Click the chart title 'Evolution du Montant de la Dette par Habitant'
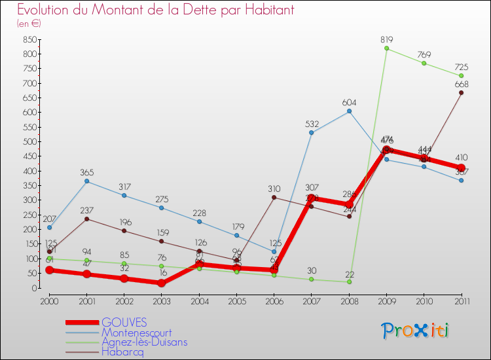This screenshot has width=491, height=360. click(155, 10)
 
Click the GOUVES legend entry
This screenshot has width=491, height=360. click(124, 323)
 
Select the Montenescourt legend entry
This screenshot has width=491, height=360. click(136, 333)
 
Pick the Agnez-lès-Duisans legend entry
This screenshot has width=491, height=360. click(144, 342)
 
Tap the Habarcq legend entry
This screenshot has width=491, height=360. click(122, 351)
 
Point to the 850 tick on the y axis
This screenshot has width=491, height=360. click(28, 40)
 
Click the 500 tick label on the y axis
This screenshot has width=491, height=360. click(28, 142)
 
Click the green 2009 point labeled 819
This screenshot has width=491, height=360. click(386, 48)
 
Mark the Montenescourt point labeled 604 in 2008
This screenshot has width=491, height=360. click(349, 111)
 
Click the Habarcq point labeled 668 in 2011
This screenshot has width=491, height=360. click(461, 92)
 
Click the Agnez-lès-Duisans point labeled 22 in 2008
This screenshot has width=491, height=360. click(349, 281)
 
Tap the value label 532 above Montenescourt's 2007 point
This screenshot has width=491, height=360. click(312, 123)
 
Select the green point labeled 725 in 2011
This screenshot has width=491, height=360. click(461, 76)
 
